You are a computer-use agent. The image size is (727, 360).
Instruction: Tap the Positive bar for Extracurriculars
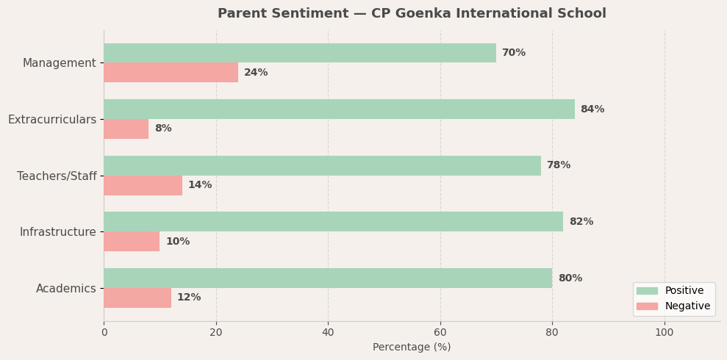coord(339,109)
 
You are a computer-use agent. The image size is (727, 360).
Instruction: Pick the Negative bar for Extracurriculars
coord(126,129)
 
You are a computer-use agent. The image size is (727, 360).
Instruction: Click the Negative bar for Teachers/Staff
coord(143,185)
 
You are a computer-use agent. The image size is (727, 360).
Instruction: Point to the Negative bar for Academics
coord(137,298)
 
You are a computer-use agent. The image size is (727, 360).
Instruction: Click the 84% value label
coord(592,109)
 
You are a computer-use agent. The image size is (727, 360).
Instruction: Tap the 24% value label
coord(256,73)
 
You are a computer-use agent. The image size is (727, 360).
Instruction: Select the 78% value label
coord(558,165)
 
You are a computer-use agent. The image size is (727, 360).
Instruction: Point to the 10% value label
coord(177,242)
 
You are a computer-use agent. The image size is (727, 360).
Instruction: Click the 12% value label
coord(188,298)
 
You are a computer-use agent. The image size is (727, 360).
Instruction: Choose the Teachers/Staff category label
coord(57,176)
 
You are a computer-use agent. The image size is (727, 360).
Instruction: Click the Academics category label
coord(65,289)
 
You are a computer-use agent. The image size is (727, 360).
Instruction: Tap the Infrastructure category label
coord(57,232)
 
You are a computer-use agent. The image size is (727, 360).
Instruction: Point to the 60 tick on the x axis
coord(440,332)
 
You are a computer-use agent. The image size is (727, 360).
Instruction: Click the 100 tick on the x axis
coord(664,332)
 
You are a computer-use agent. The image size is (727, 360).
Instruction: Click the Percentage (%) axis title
coord(412,348)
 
